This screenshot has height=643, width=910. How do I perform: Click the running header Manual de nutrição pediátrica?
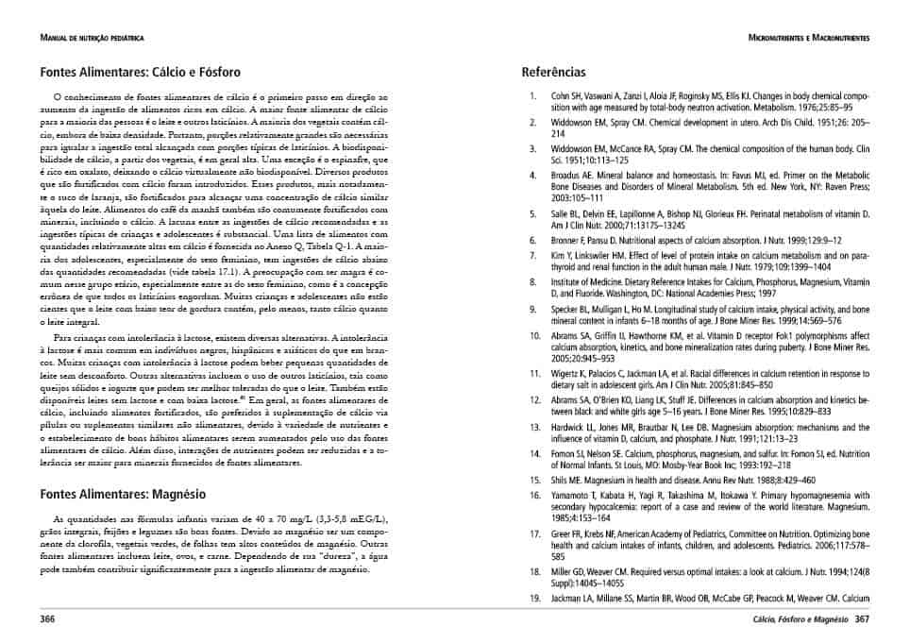[x=93, y=38]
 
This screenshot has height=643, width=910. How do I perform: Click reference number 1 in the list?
[x=533, y=96]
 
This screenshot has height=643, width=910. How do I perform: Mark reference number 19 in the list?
[x=533, y=599]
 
